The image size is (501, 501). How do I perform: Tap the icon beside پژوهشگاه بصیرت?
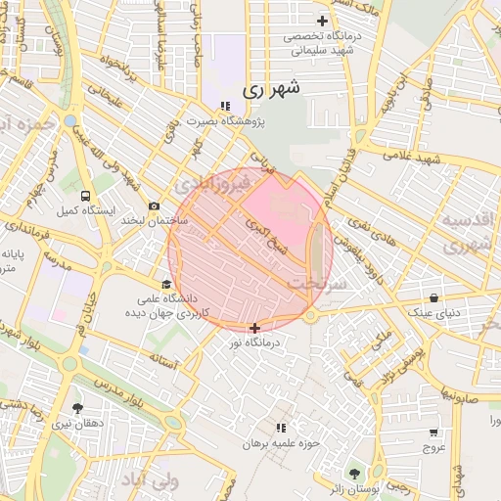[225, 106]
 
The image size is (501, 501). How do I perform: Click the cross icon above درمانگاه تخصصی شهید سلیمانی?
[322, 21]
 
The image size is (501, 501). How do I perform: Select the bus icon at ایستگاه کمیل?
[86, 196]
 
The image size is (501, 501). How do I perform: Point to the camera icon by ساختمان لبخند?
[155, 205]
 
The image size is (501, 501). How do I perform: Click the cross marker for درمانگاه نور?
[255, 328]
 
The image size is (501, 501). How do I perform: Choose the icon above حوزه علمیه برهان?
[281, 429]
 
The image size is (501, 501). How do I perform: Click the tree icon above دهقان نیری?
[77, 408]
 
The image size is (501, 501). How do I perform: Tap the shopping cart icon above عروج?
[433, 432]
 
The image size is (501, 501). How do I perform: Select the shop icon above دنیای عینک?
[433, 297]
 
